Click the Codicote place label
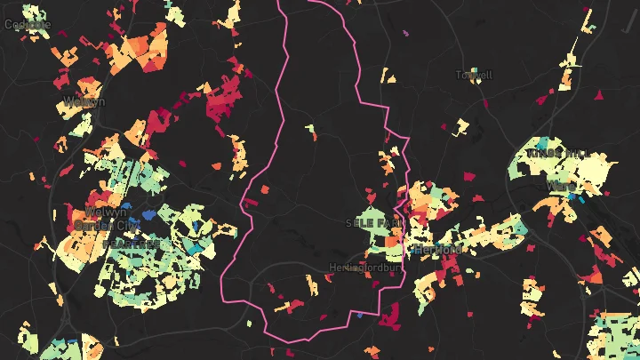(x=27, y=24)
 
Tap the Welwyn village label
(x=85, y=101)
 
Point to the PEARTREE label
(x=132, y=244)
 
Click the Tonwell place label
(x=474, y=76)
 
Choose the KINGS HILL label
(x=558, y=154)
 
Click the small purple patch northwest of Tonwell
(x=405, y=34)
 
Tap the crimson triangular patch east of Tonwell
(x=598, y=93)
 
